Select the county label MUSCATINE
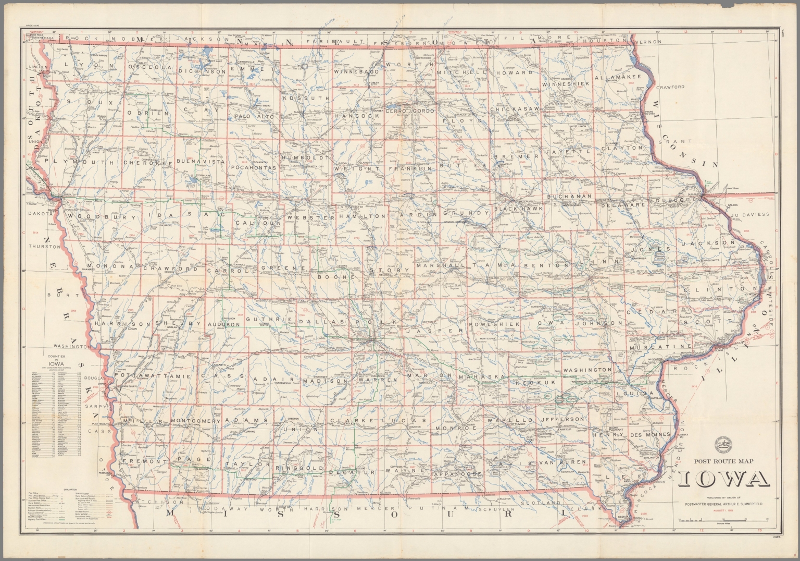click(x=660, y=346)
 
